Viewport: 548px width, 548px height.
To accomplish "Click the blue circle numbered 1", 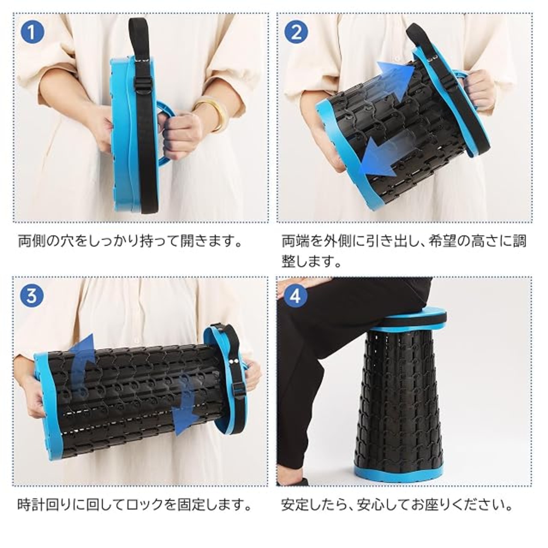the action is tap(32, 33).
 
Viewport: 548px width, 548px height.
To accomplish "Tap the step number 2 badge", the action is tap(296, 33).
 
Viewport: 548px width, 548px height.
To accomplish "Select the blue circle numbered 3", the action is tap(32, 295).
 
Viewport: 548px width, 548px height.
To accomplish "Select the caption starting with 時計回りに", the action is tap(134, 504).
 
